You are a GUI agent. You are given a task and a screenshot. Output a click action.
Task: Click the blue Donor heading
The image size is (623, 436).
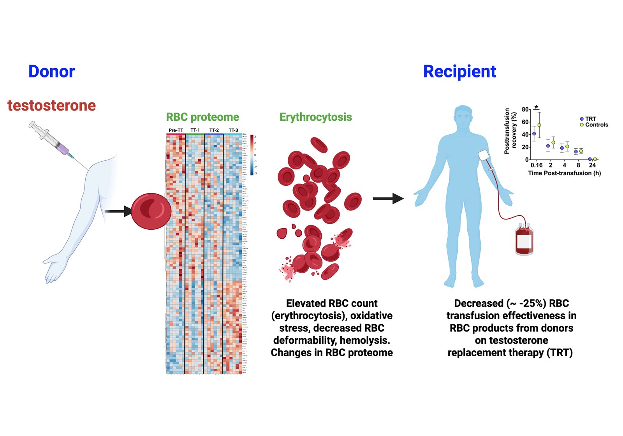(x=51, y=72)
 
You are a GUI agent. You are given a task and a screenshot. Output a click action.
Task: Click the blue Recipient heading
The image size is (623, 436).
(x=459, y=72)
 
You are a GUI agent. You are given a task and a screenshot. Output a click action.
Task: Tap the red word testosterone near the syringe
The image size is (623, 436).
(x=52, y=105)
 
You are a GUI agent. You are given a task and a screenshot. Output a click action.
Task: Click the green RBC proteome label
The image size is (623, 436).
(x=202, y=117)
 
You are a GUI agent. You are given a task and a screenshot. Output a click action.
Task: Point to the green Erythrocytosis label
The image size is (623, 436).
(x=315, y=117)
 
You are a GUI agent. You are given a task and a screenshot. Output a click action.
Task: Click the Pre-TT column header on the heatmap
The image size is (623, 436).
(x=176, y=130)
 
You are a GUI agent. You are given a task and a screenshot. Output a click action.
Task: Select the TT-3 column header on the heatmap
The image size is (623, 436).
(x=233, y=130)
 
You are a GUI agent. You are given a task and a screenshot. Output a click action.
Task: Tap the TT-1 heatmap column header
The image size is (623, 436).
(x=195, y=130)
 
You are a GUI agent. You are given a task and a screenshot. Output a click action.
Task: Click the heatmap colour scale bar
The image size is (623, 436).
(x=252, y=155)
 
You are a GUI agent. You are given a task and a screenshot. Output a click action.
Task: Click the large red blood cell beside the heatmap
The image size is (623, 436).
(x=151, y=211)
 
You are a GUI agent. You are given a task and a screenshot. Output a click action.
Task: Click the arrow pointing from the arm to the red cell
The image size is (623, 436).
(x=118, y=211)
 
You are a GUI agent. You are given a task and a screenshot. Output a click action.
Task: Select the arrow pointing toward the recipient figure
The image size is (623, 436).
(x=388, y=199)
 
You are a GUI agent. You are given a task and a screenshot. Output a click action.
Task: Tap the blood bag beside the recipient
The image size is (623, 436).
(x=524, y=239)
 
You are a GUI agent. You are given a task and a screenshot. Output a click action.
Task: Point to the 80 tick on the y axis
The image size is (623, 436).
(x=525, y=109)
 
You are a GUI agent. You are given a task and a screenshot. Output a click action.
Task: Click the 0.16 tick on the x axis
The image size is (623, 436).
(x=537, y=165)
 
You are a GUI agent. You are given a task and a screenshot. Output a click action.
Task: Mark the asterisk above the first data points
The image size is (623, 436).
(x=537, y=107)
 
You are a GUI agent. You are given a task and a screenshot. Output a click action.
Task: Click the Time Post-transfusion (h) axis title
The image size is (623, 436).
(x=564, y=173)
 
